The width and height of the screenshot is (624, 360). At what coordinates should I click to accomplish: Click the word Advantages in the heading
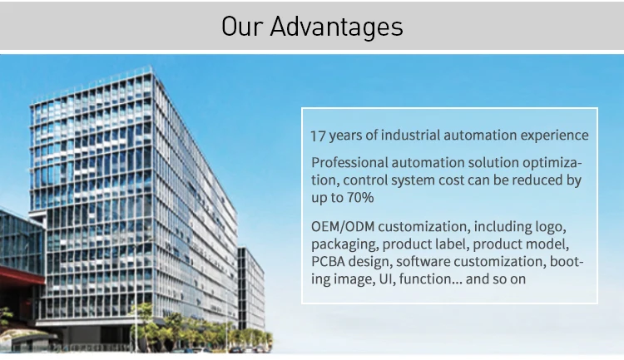pos(336,27)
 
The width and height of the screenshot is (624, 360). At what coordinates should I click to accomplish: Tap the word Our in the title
pos(242,27)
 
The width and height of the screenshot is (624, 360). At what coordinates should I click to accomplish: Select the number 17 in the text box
pos(318,136)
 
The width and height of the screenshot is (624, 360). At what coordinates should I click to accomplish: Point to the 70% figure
pos(360,197)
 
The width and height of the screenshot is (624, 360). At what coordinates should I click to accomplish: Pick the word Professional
pos(349,163)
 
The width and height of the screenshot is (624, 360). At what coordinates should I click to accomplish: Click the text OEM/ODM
pos(343,227)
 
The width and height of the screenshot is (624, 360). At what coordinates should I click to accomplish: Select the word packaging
pos(344,244)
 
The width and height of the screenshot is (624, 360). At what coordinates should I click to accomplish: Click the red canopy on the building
pos(21,275)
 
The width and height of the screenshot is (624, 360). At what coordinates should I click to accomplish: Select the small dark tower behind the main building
pos(251,288)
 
